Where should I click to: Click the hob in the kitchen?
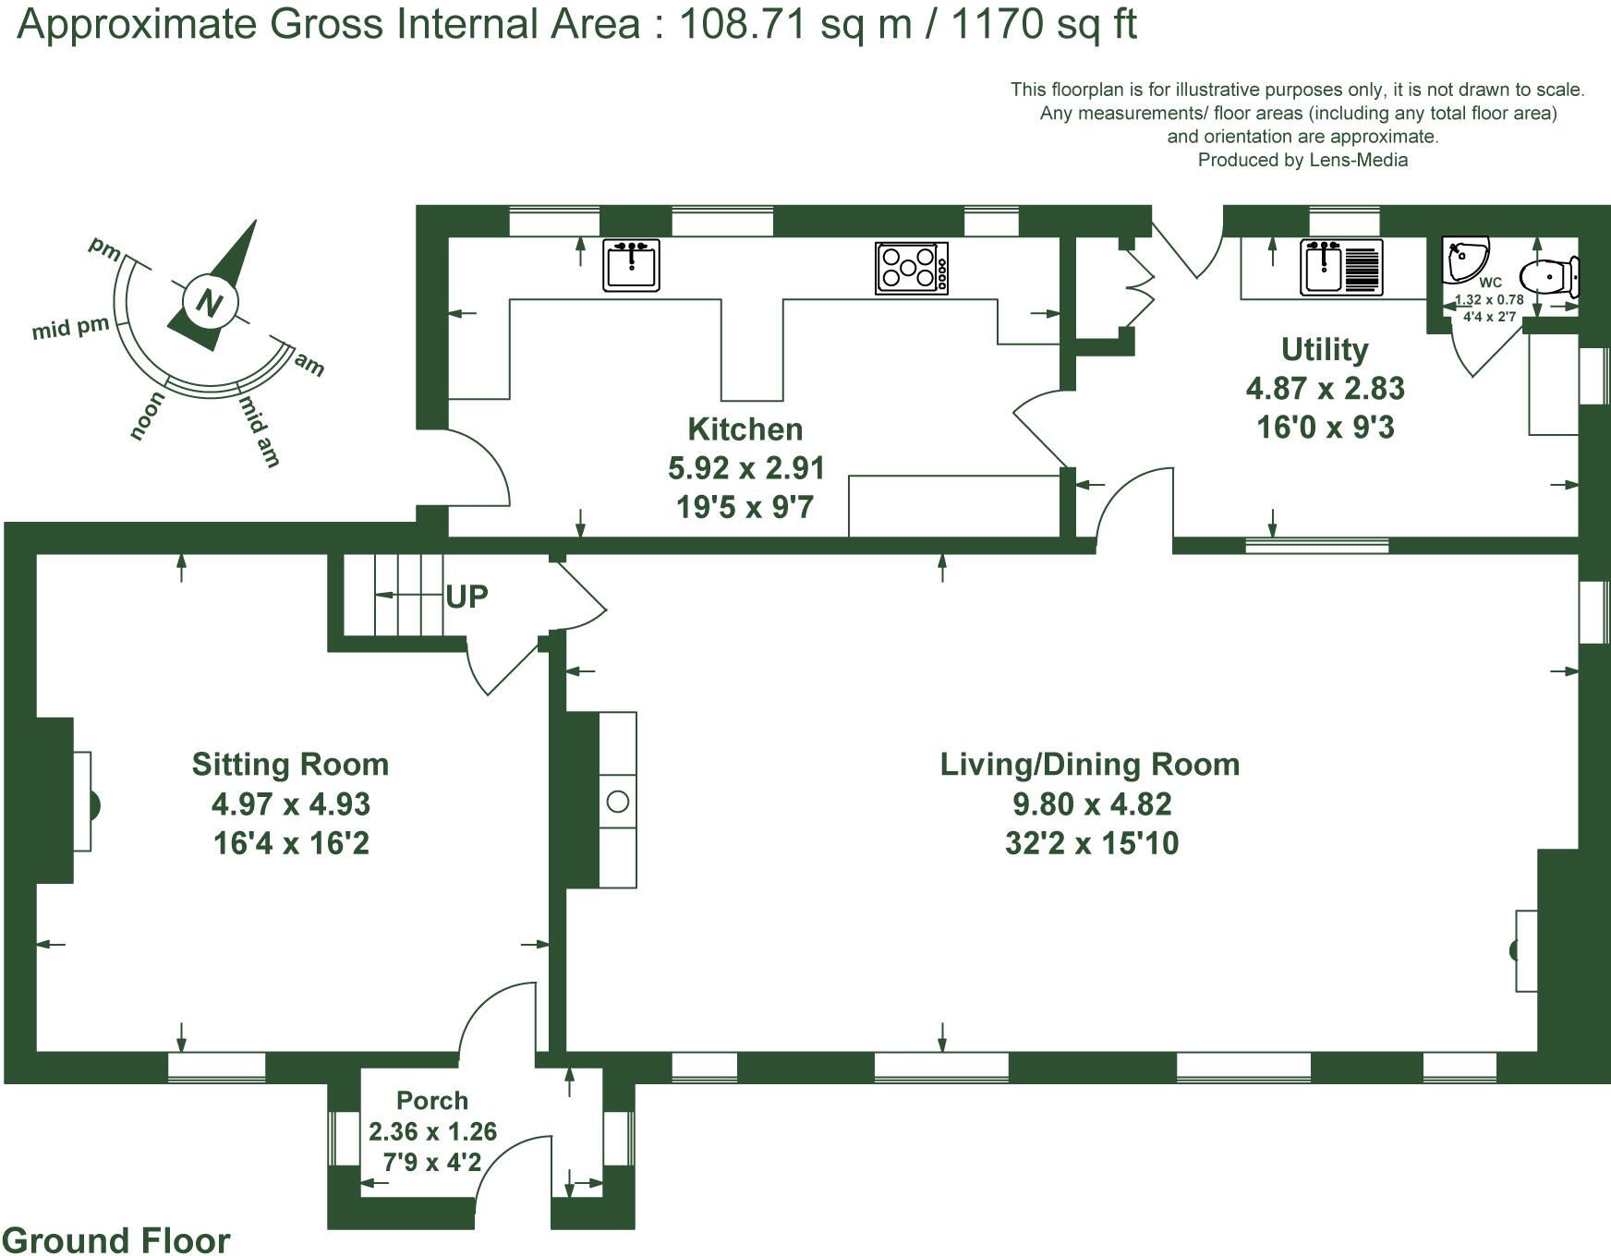[x=911, y=268]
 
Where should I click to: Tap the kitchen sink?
[x=631, y=265]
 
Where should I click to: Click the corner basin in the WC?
[x=1466, y=258]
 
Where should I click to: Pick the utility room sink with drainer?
[x=1341, y=268]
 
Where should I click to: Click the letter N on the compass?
[x=210, y=303]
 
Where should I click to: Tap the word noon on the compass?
[x=148, y=416]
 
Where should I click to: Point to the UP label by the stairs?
[x=466, y=597]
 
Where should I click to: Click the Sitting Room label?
[x=290, y=765]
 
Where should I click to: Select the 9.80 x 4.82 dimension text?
[x=1092, y=804]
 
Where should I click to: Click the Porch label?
[x=432, y=1101]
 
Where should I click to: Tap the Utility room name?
[x=1325, y=350]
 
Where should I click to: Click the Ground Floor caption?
[x=116, y=1240]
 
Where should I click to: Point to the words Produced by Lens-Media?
[x=1302, y=160]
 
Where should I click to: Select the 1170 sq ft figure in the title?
[x=1043, y=25]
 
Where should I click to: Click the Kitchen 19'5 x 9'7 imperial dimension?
[x=745, y=507]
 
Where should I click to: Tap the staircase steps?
[x=397, y=596]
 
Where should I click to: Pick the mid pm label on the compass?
[x=70, y=328]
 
